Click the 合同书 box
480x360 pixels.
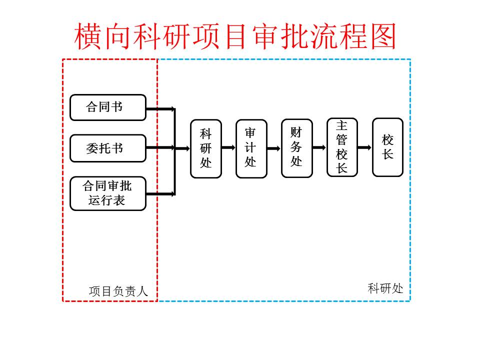[x=107, y=107]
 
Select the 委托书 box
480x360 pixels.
[x=107, y=148]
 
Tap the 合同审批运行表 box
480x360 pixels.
[x=107, y=193]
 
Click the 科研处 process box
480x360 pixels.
[x=205, y=148]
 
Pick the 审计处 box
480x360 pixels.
[x=251, y=148]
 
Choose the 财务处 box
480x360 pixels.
[x=296, y=148]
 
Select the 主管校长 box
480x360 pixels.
[x=342, y=147]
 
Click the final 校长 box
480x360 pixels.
[x=387, y=147]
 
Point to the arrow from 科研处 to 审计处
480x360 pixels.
[x=228, y=147]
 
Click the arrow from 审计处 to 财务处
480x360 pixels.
[x=274, y=148]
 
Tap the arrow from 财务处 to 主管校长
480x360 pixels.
[x=319, y=148]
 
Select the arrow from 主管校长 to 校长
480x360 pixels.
[x=365, y=147]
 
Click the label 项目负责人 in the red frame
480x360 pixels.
[x=118, y=291]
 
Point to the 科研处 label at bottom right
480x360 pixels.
[x=385, y=288]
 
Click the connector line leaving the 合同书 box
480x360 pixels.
[x=160, y=108]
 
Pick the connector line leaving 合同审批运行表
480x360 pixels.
[x=160, y=193]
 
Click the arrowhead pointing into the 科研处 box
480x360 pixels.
[x=187, y=148]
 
